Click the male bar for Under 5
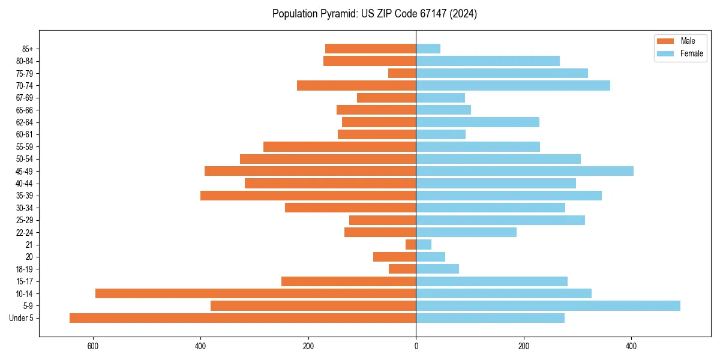[x=242, y=318]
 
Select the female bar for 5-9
[x=548, y=306]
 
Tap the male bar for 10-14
[x=256, y=293]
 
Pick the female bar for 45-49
[x=524, y=171]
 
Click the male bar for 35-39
[x=308, y=196]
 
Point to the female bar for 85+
[x=428, y=49]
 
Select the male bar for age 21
[x=411, y=245]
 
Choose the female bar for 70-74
[x=513, y=85]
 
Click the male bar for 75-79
[x=402, y=73]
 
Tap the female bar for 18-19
[x=437, y=269]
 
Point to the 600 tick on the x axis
[x=93, y=347]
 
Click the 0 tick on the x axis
[x=416, y=347]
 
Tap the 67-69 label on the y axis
[x=25, y=98]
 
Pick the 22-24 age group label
[x=25, y=232]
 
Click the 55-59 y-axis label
[x=25, y=146]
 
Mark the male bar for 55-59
[x=340, y=146]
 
